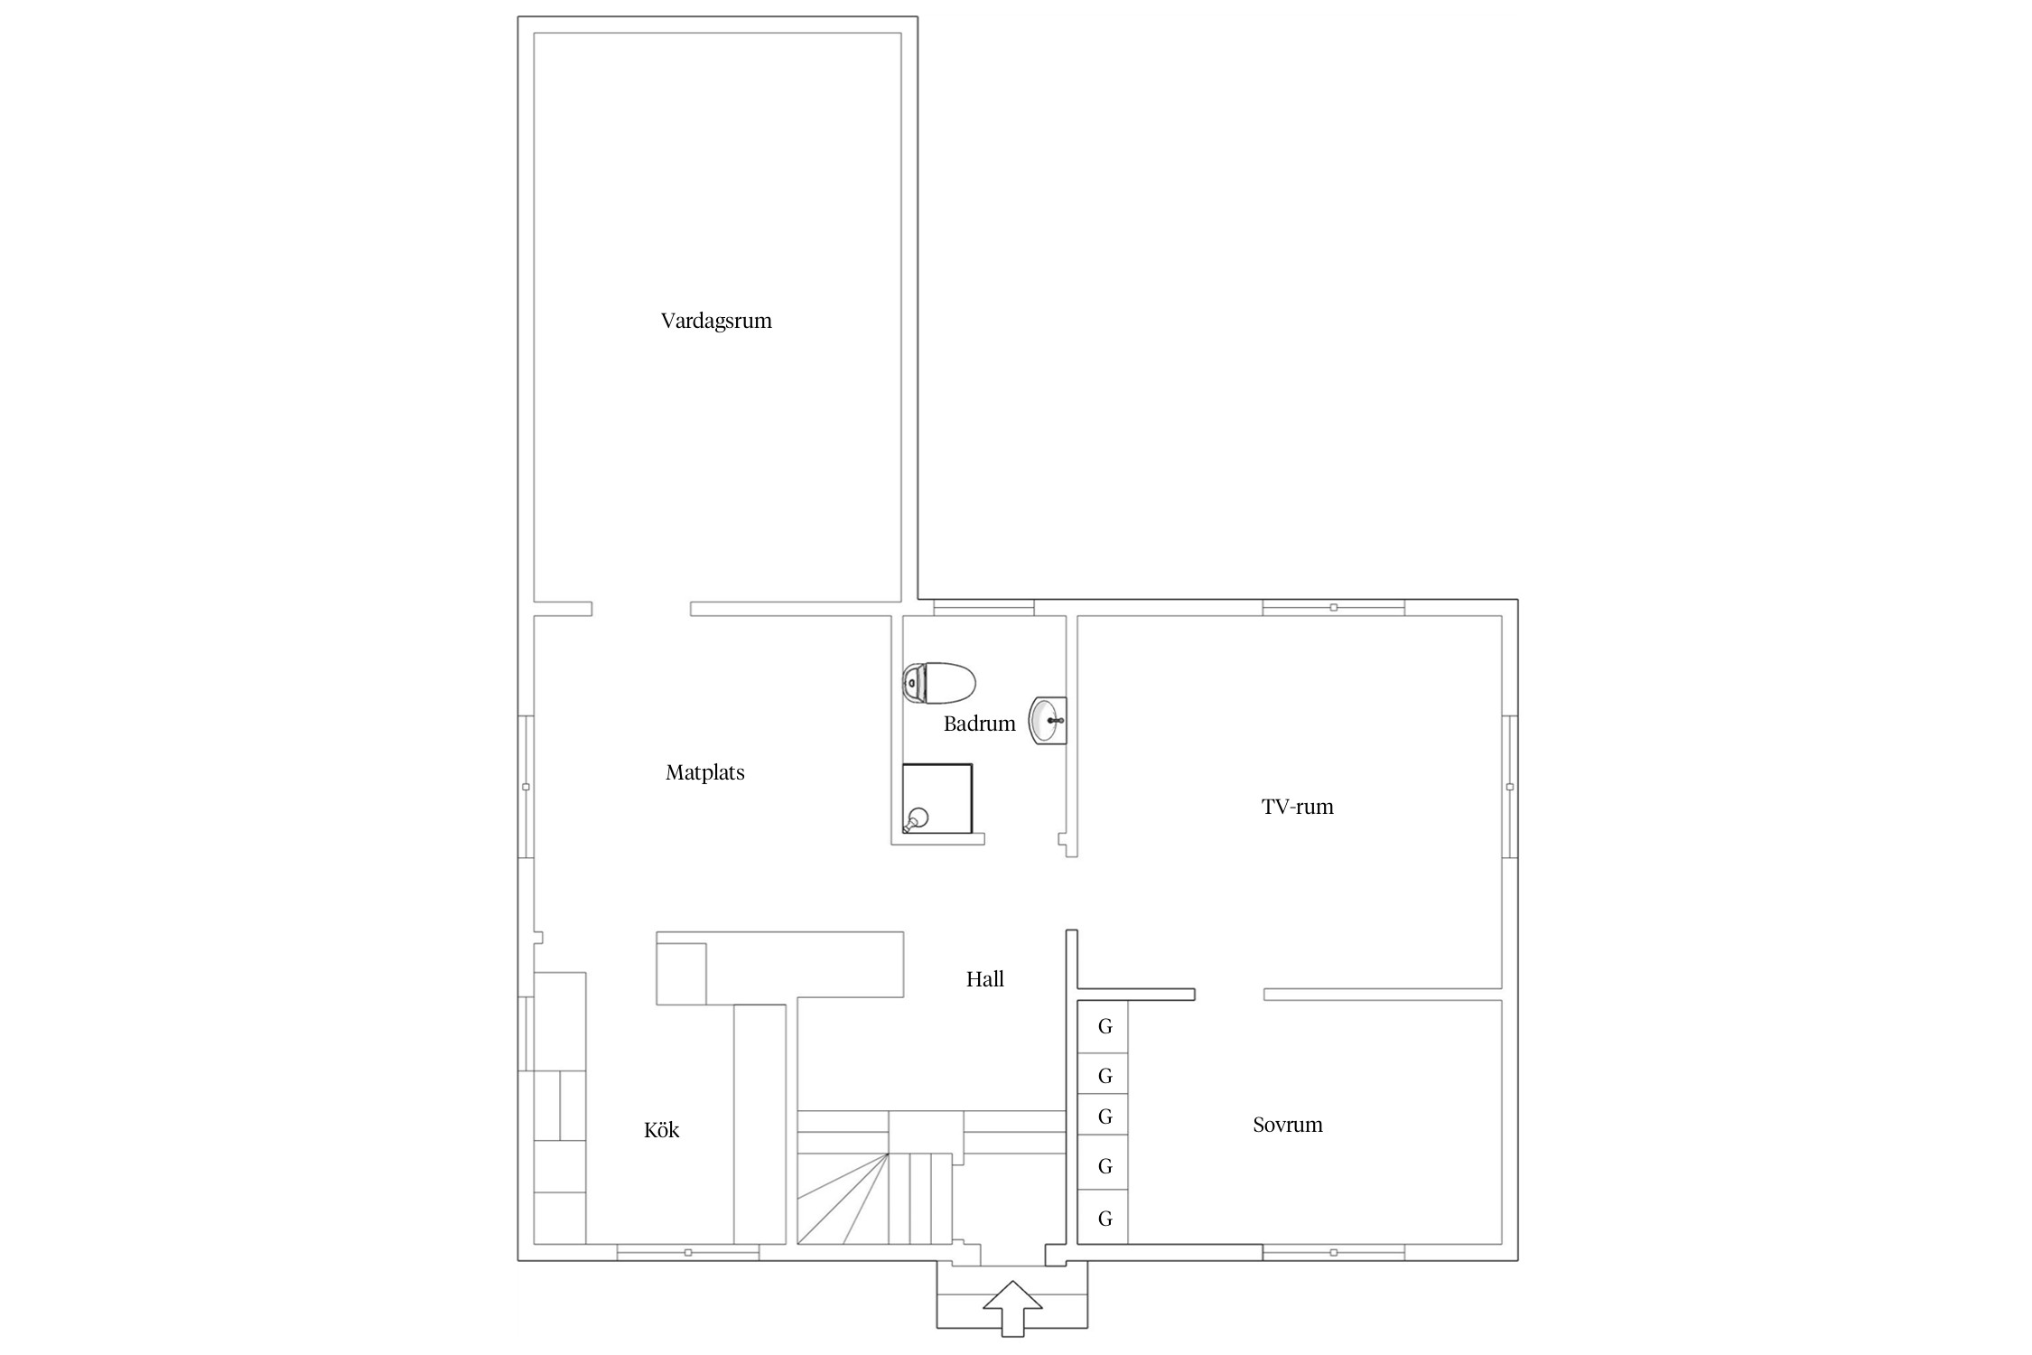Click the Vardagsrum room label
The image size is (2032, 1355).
point(716,322)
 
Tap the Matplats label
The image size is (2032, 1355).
point(705,772)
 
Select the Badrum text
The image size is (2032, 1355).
point(980,724)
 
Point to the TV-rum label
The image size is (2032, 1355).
point(1298,807)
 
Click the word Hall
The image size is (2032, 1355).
point(985,979)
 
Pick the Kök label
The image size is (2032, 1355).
point(662,1130)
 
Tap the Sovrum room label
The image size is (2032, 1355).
point(1288,1125)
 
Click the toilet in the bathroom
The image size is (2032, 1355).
point(939,683)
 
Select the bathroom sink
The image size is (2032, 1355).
point(1049,721)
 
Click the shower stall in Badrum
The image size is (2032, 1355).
point(937,799)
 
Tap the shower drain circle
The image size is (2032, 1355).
point(918,818)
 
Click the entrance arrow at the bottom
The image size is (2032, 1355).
point(1012,1307)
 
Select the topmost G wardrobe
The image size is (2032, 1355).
point(1104,1027)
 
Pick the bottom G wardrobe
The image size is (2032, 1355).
point(1104,1219)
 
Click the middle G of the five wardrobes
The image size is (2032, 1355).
point(1104,1117)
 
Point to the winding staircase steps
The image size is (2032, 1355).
point(874,1198)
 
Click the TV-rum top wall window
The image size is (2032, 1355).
point(1333,607)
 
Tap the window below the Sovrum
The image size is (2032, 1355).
point(1333,1252)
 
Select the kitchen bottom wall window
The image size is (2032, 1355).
point(688,1252)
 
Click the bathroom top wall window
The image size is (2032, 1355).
point(983,607)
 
